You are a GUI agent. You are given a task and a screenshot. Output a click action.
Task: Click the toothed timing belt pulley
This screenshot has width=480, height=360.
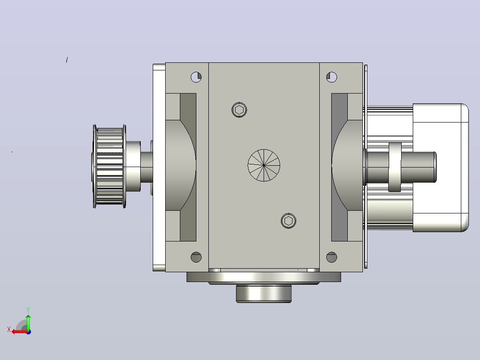point(109,166)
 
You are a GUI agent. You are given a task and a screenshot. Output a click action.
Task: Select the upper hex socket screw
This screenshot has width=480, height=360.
point(240,110)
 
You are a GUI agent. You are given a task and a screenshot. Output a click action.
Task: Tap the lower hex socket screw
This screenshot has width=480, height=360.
point(289,221)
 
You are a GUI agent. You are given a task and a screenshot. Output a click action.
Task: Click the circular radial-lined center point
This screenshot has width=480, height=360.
point(264,165)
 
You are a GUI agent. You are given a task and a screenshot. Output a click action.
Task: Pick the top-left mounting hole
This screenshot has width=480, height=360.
point(196,77)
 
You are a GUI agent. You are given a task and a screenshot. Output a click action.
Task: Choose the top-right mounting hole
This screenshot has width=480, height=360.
point(332,77)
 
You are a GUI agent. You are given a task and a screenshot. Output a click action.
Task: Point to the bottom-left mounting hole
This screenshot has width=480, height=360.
point(196,257)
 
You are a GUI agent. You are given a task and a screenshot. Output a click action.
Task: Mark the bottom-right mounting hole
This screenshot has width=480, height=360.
point(332,257)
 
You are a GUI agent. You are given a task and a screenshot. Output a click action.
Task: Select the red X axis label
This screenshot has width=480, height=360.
point(9,330)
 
